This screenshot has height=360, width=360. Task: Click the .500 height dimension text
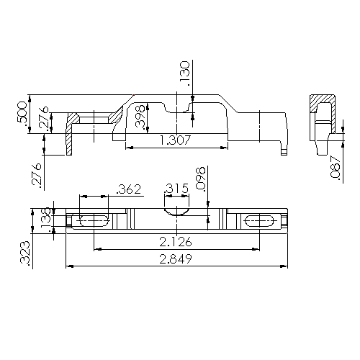(22, 113)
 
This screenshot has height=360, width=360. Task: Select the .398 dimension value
(141, 117)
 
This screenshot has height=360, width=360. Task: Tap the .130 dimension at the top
(185, 74)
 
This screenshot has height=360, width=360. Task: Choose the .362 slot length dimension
(128, 189)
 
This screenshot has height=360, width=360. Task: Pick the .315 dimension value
(176, 189)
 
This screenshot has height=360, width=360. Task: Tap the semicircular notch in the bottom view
(176, 213)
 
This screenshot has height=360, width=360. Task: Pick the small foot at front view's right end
(284, 148)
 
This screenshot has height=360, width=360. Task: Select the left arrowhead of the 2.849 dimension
(69, 266)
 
